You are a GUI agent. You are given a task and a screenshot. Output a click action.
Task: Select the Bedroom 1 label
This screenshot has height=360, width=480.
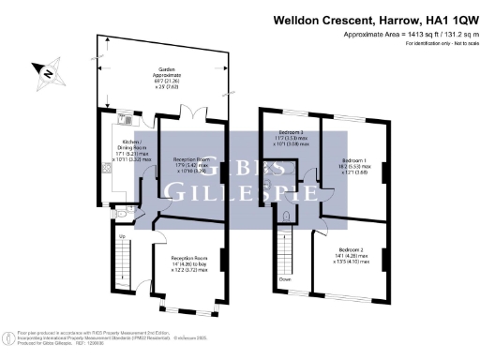(x=353, y=161)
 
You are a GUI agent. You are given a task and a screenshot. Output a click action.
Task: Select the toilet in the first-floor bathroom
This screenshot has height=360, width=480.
(x=284, y=217)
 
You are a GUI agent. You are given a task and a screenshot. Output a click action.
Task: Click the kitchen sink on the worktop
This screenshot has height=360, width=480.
(x=126, y=120)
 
